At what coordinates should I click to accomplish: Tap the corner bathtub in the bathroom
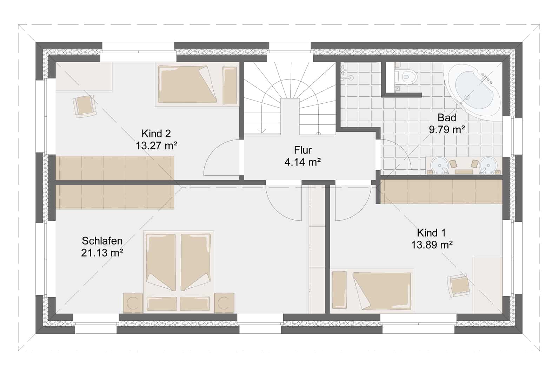pos(474,90)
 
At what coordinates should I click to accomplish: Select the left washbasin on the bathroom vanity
pos(439,165)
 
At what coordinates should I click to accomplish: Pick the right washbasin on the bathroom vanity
pos(488,165)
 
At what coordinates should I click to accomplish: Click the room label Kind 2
pos(156,134)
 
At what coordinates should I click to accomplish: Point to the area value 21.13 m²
pos(102,253)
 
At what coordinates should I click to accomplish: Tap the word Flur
pos(303,150)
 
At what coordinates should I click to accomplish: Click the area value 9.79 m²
pos(447,129)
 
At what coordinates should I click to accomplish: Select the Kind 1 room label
pos(431,233)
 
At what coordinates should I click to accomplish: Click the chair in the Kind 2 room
pos(85,106)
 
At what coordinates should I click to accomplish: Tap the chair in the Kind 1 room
pos(458,285)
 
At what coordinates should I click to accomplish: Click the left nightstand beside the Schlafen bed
pos(133,303)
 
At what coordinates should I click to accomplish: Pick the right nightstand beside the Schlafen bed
pos(224,303)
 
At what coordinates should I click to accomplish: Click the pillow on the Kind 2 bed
pos(230,85)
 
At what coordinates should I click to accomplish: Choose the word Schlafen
pos(102,241)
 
